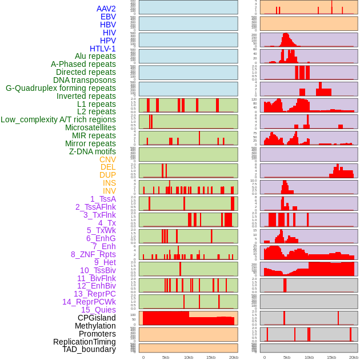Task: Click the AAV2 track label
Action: [106, 9]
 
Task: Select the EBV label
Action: [108, 17]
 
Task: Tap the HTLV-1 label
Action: [103, 49]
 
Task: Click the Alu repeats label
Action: [95, 56]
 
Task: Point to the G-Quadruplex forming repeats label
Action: [61, 88]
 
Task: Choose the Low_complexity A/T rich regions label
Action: [58, 119]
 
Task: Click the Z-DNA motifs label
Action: [93, 151]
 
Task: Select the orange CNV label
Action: [107, 159]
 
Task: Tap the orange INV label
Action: [109, 191]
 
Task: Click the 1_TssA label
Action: [103, 199]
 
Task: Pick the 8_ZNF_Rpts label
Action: [93, 254]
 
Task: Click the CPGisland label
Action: [97, 318]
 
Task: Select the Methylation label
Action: [95, 326]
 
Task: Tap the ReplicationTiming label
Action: [85, 342]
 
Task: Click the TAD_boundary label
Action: [89, 349]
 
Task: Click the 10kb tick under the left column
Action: [188, 358]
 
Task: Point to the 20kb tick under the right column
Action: [354, 358]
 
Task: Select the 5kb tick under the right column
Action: [287, 358]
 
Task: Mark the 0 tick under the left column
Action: [143, 358]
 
